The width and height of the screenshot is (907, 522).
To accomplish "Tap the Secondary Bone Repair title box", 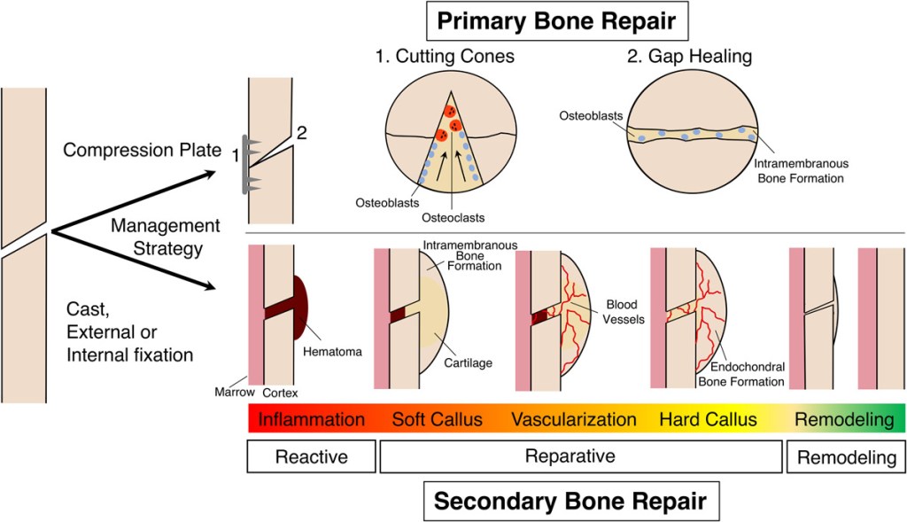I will pyautogui.click(x=570, y=502).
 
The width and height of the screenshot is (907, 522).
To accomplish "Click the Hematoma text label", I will pyautogui.click(x=331, y=351).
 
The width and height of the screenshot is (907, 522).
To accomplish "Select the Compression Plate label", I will pyautogui.click(x=141, y=150).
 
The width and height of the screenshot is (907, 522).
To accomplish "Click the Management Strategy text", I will pyautogui.click(x=165, y=236).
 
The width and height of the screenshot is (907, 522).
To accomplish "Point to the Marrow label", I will pyautogui.click(x=232, y=391).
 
